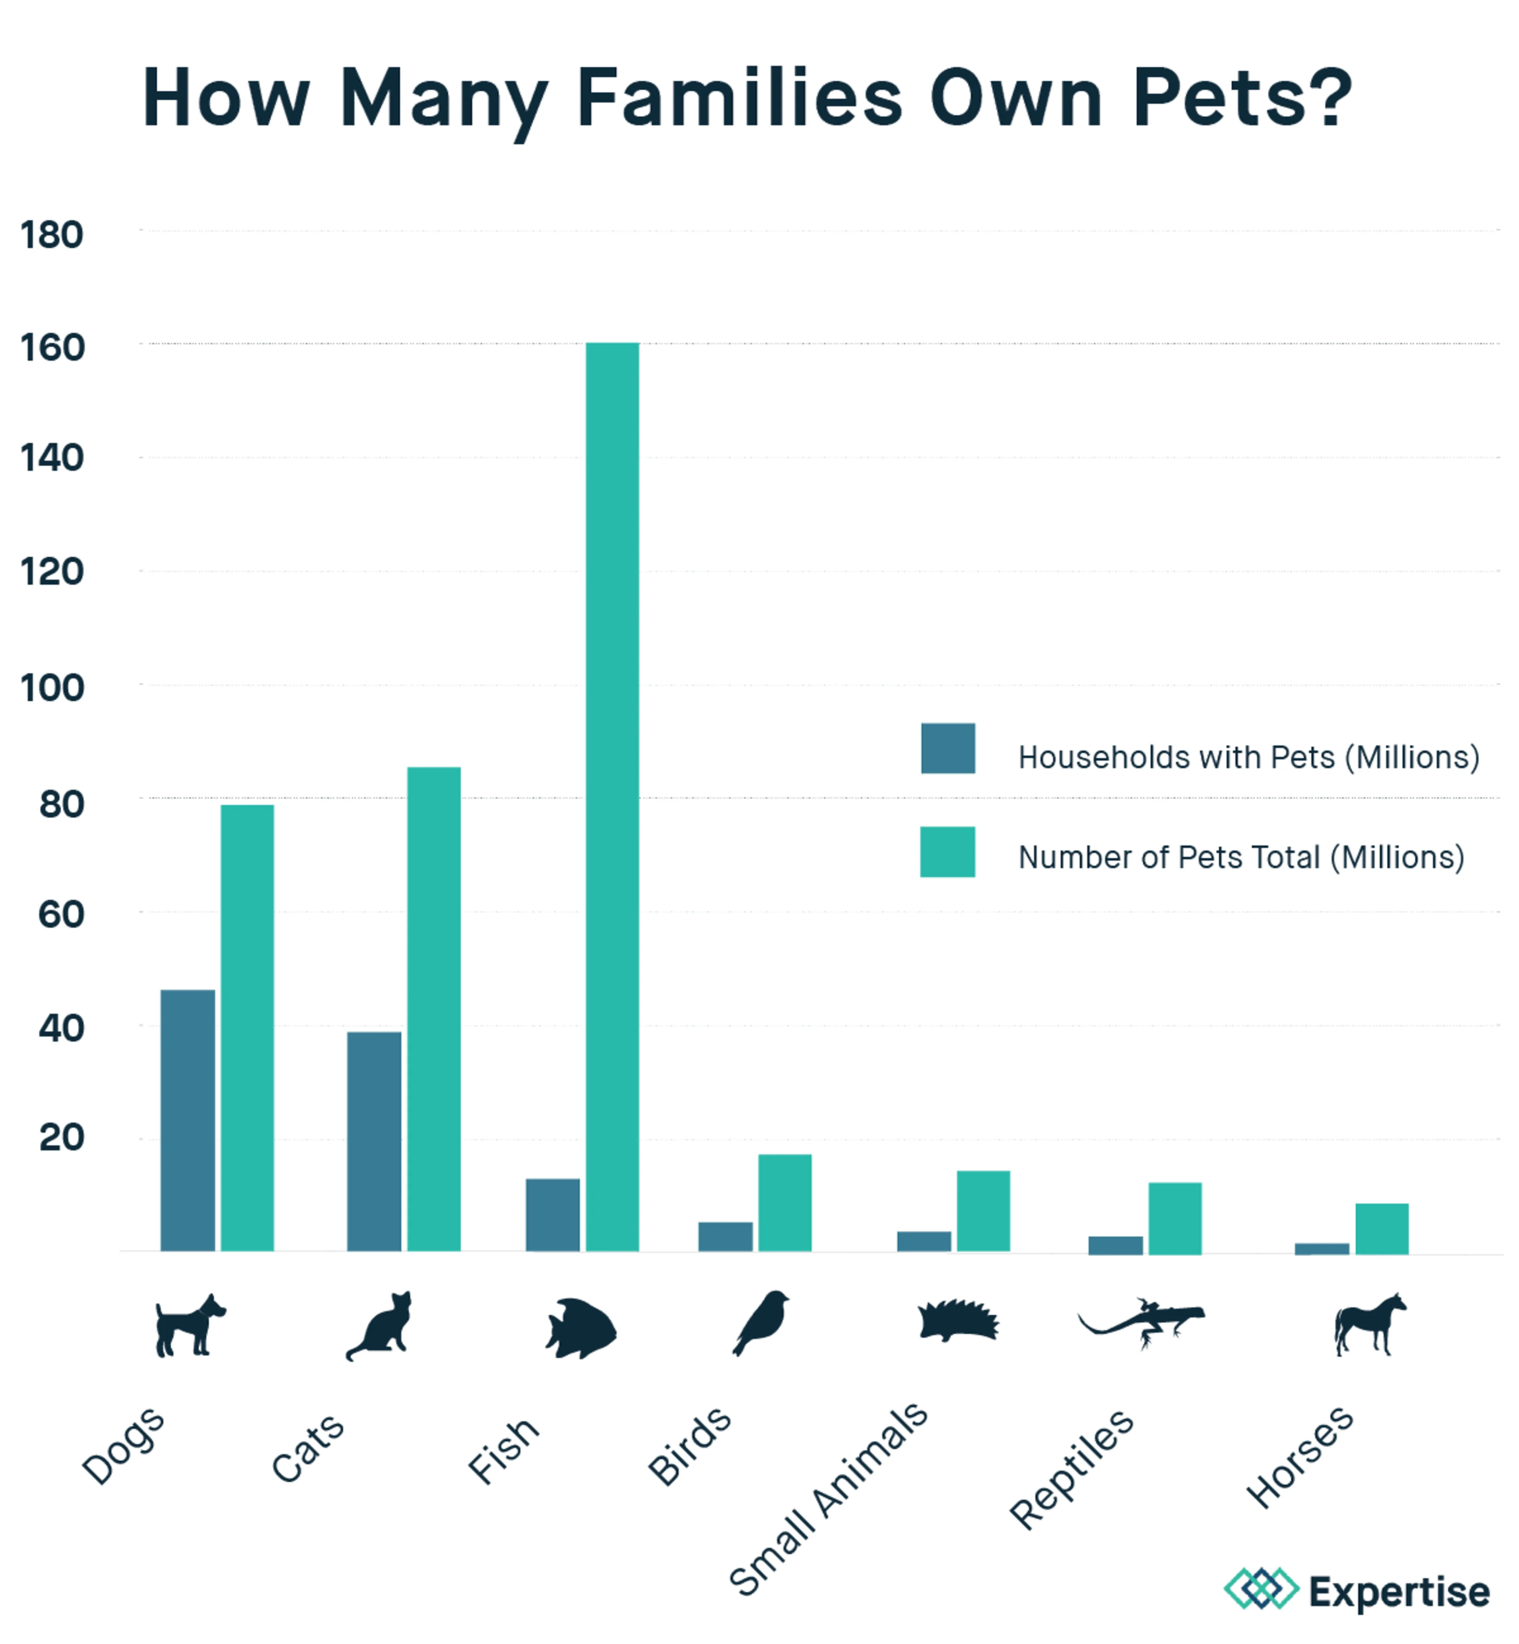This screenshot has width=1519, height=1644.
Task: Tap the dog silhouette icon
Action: tap(189, 1325)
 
